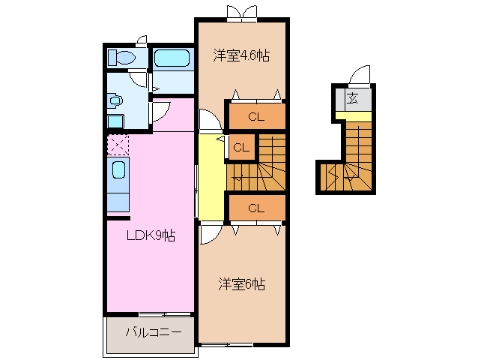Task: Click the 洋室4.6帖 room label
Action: click(240, 55)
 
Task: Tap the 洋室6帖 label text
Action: click(241, 284)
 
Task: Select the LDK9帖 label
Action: click(150, 235)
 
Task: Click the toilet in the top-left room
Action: click(120, 58)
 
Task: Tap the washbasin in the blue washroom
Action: click(115, 99)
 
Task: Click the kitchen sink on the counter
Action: click(118, 170)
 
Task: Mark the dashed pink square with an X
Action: click(118, 143)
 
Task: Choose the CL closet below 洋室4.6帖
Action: click(255, 116)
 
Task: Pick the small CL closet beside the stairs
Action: click(240, 148)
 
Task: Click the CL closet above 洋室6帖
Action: click(255, 208)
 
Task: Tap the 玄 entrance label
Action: click(352, 98)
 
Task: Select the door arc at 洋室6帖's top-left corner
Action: click(209, 234)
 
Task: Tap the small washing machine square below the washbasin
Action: click(115, 122)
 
